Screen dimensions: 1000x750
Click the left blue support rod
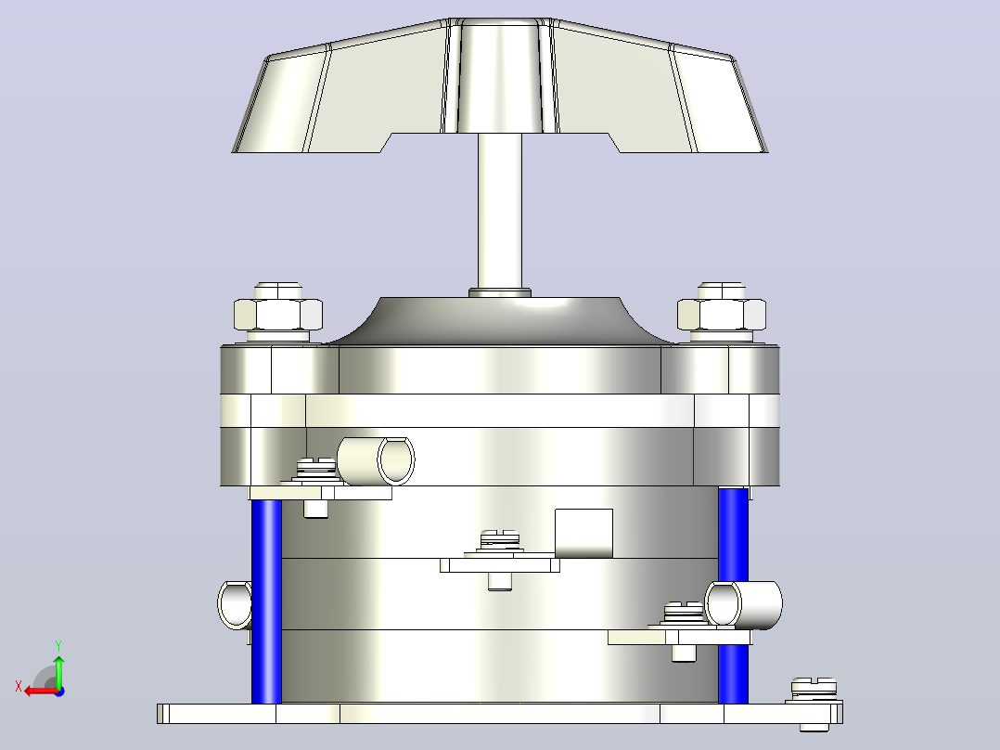pos(266,601)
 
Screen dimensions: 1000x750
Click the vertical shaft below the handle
pos(500,211)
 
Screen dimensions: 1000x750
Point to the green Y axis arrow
pos(58,671)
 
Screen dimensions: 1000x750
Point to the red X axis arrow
pos(42,691)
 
